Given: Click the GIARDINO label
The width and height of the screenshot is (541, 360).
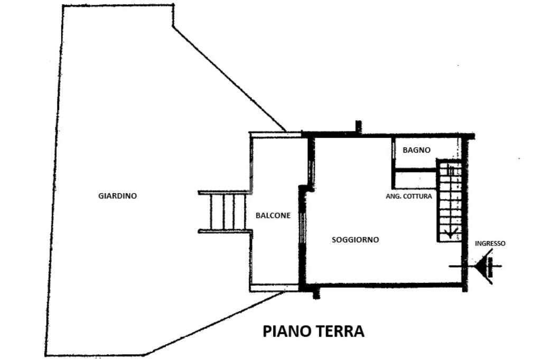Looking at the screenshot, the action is click(x=117, y=196).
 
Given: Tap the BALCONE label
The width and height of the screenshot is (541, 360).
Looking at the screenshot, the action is click(x=273, y=215).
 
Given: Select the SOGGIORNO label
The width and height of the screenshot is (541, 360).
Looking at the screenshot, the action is click(x=355, y=240).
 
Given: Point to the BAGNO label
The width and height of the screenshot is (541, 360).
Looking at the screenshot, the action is click(x=416, y=150).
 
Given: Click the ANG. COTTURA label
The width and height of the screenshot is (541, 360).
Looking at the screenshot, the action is click(x=409, y=196).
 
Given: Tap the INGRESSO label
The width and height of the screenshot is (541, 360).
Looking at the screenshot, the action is click(x=490, y=243).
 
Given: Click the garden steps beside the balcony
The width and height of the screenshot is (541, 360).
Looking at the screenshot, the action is click(x=223, y=212).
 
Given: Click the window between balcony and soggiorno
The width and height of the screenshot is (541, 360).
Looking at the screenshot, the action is click(x=302, y=227).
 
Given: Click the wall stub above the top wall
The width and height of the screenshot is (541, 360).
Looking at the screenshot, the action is click(x=358, y=127).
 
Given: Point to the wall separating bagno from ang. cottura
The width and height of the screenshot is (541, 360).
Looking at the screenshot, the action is click(x=415, y=170).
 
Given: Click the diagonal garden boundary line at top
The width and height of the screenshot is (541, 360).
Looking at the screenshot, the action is click(x=230, y=79).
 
